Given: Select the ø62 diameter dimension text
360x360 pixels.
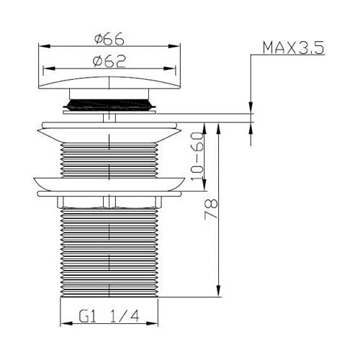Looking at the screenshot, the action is click(109, 62).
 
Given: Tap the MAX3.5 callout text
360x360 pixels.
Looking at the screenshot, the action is click(293, 48).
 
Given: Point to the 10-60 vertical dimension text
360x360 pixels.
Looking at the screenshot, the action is click(197, 156).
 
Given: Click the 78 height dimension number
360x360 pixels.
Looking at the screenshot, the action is click(211, 208).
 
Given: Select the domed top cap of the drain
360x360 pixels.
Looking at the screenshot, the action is click(109, 83).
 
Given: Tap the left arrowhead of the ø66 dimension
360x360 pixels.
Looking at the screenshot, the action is click(45, 46).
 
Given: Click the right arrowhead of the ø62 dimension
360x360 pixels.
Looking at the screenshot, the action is click(170, 69).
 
